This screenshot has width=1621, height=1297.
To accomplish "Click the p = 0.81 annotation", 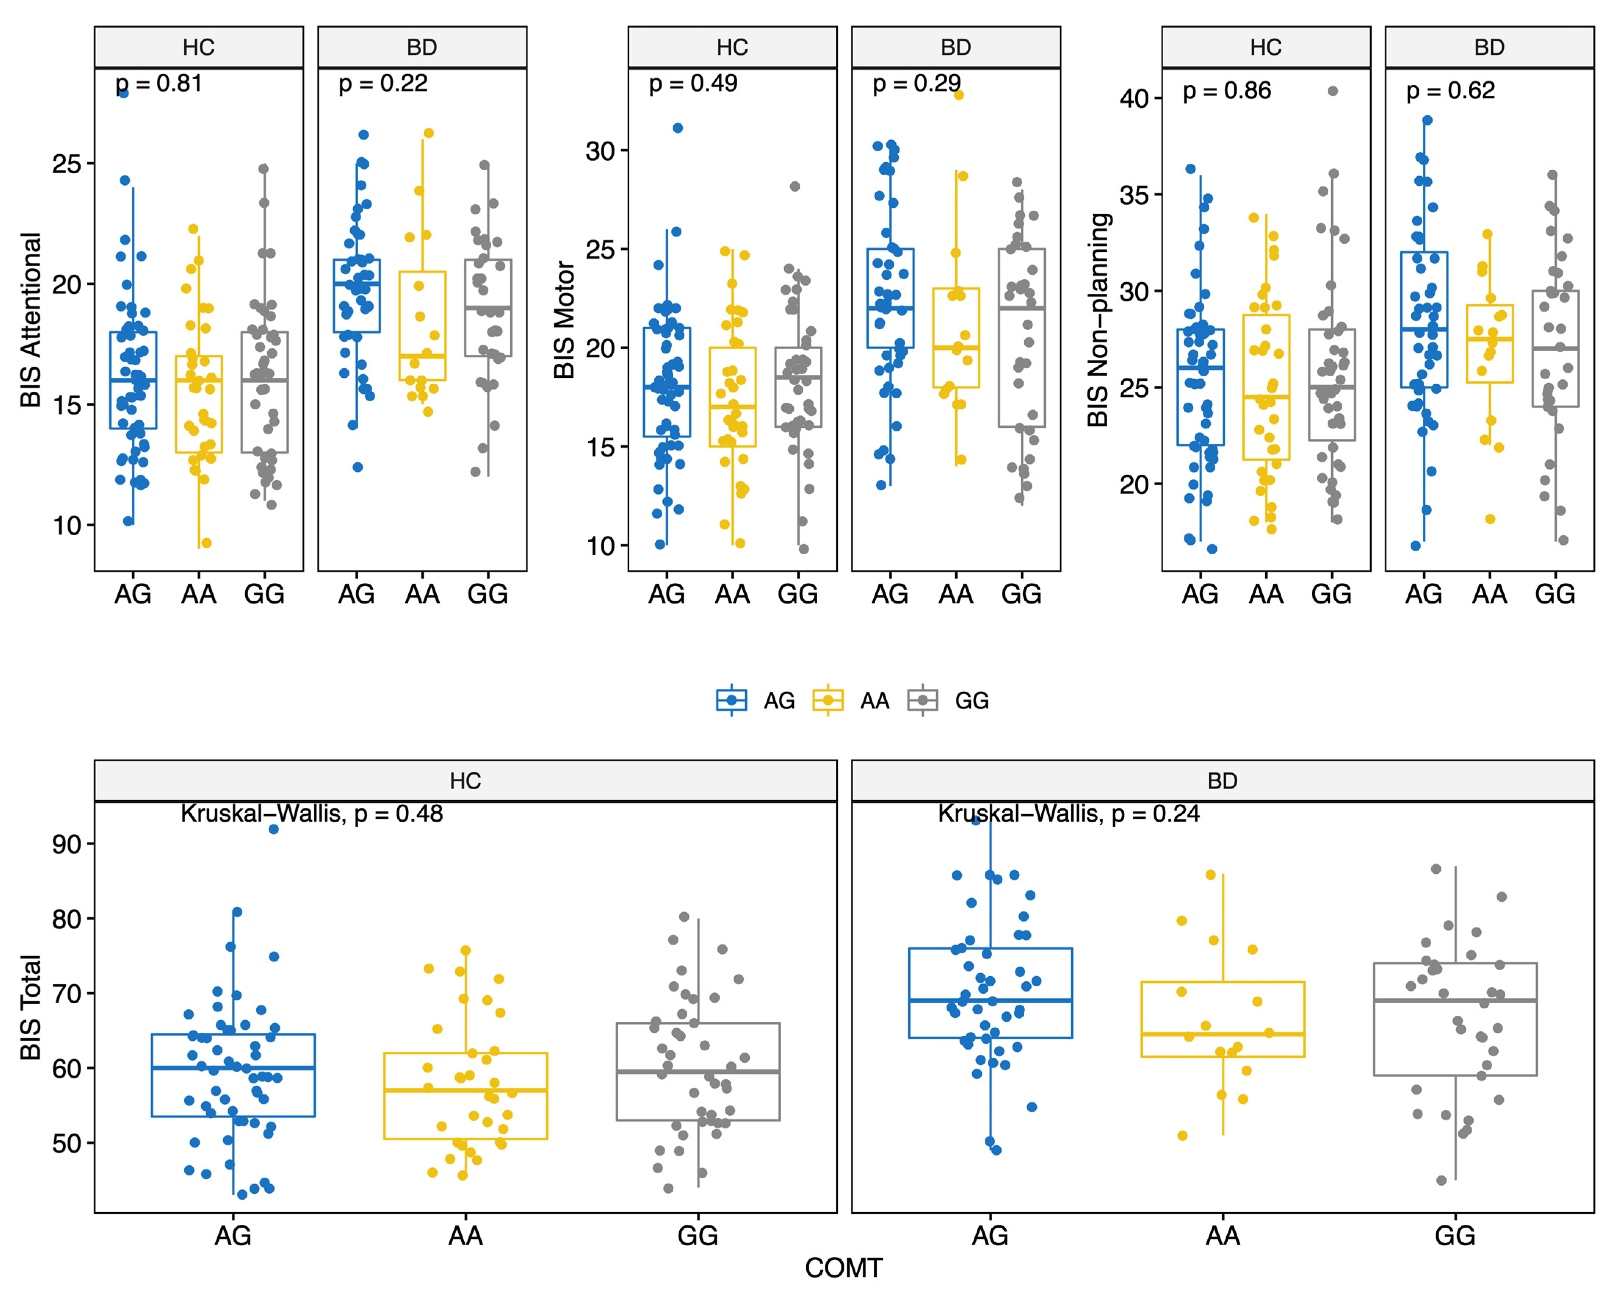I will point(159,83).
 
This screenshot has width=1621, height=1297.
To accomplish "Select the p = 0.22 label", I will point(383,83).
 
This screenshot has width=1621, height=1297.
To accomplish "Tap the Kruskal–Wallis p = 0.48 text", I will point(312,814).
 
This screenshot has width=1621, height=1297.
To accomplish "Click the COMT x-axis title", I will point(843,1268).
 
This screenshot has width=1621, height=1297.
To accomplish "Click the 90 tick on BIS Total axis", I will point(66,844).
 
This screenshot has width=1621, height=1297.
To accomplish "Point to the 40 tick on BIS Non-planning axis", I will point(1134,98).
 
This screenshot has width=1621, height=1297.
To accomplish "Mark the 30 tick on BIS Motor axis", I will point(600,151).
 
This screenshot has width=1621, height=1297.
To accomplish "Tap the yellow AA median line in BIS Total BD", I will point(1223,1035).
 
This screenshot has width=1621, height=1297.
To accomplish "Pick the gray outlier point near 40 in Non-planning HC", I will point(1333,91).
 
